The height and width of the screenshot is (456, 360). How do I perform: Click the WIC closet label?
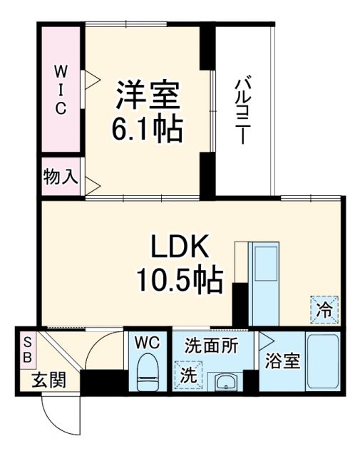point(61,89)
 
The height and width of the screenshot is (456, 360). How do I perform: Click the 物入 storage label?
point(60,177)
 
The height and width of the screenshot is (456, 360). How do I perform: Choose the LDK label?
point(178,249)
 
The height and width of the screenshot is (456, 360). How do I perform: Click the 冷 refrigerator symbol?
point(324,309)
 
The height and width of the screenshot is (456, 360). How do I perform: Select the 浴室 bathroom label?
point(282,361)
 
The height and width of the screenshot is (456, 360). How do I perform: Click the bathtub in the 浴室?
point(322,361)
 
